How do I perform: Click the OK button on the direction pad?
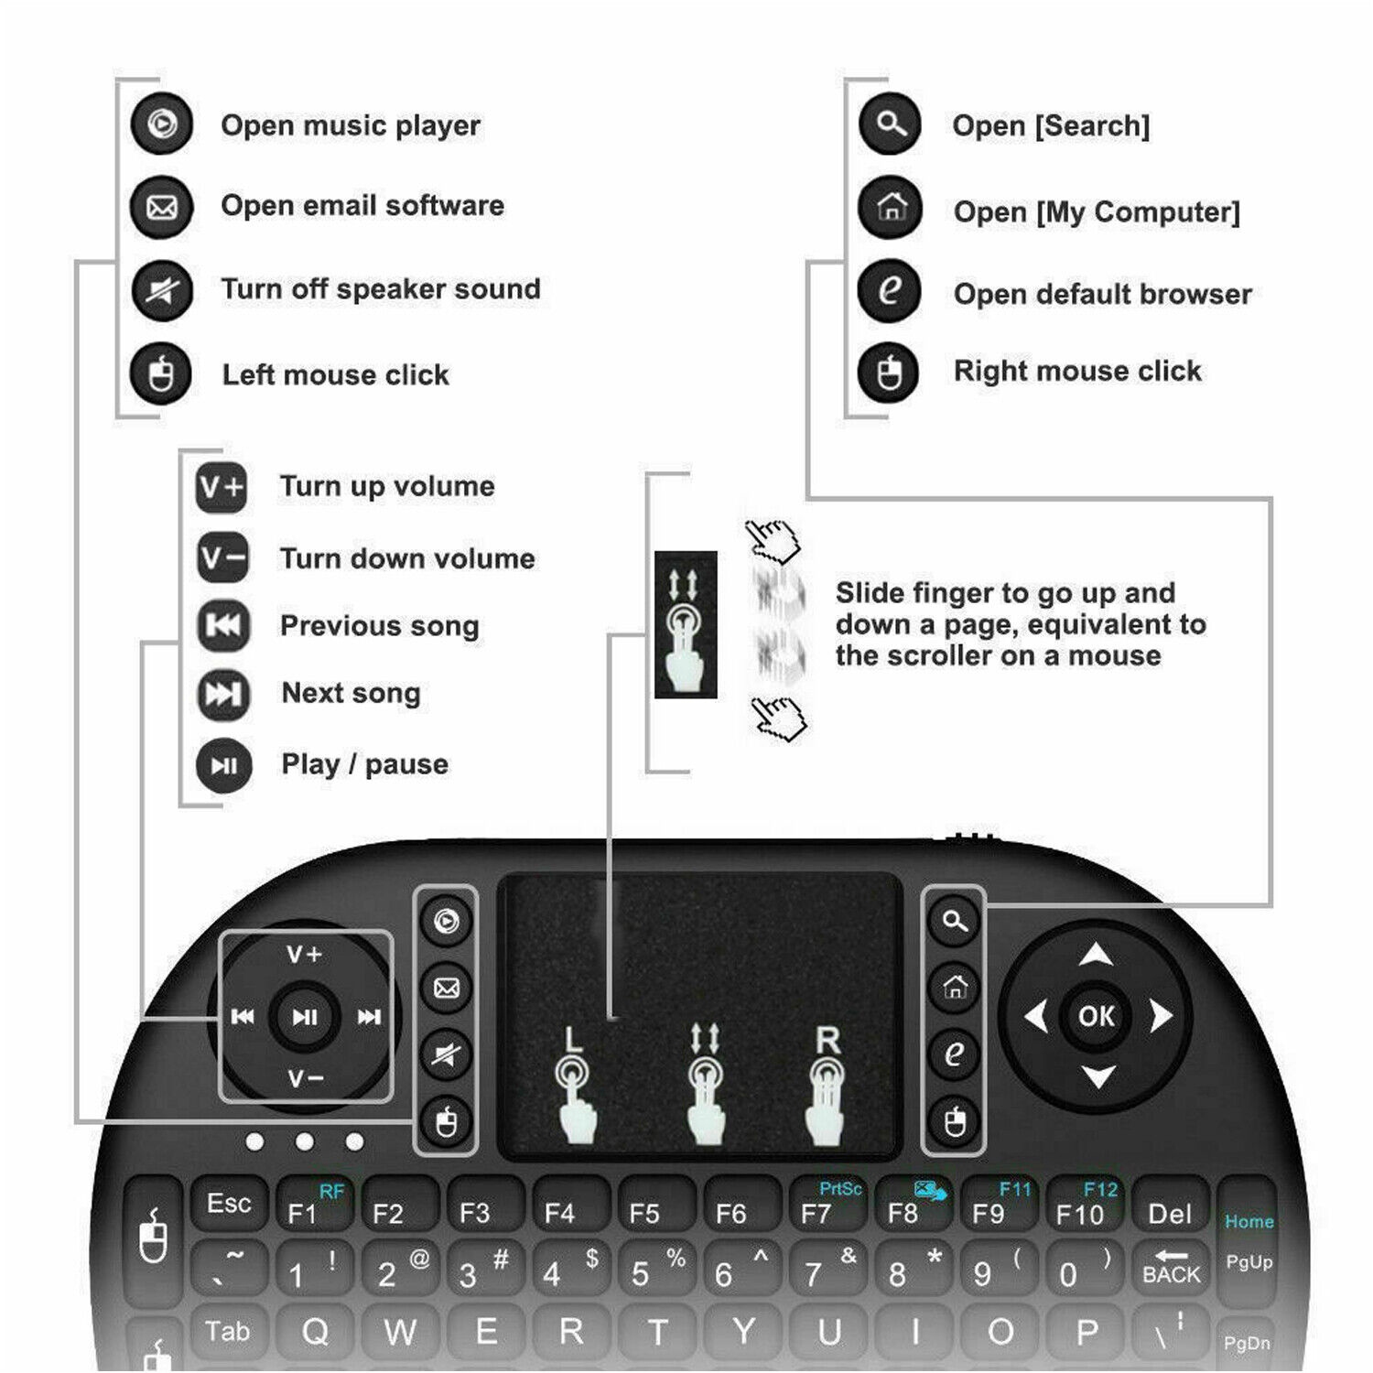click(1096, 1016)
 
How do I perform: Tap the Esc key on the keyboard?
click(229, 1204)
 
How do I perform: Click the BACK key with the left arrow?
click(1171, 1268)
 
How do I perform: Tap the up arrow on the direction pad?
click(1096, 956)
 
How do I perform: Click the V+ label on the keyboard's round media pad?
click(305, 955)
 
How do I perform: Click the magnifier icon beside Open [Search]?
click(890, 124)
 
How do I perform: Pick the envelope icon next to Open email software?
click(162, 207)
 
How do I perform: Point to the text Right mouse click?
click(1077, 371)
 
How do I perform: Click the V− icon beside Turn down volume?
click(222, 557)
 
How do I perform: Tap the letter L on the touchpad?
click(573, 1039)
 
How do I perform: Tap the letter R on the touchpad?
click(827, 1040)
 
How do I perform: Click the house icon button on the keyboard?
click(955, 987)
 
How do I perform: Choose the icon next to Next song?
click(222, 694)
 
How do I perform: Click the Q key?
click(315, 1332)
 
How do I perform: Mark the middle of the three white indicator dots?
click(305, 1141)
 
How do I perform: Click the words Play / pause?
click(364, 764)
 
